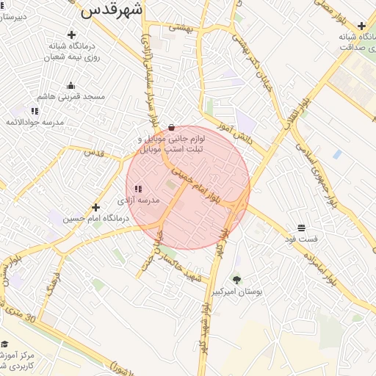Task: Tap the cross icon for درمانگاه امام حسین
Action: (x=95, y=207)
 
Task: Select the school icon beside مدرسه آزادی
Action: (x=138, y=189)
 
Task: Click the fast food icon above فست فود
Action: (x=302, y=228)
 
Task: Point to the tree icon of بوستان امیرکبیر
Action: (x=236, y=280)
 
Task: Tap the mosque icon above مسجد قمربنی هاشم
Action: (x=70, y=85)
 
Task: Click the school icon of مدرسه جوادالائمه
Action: (x=35, y=111)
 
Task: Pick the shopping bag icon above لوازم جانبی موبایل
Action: (x=172, y=126)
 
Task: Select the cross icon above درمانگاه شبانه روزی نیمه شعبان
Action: (x=71, y=35)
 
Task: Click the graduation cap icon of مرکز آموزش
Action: (x=4, y=344)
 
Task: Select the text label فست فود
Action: (x=302, y=239)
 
